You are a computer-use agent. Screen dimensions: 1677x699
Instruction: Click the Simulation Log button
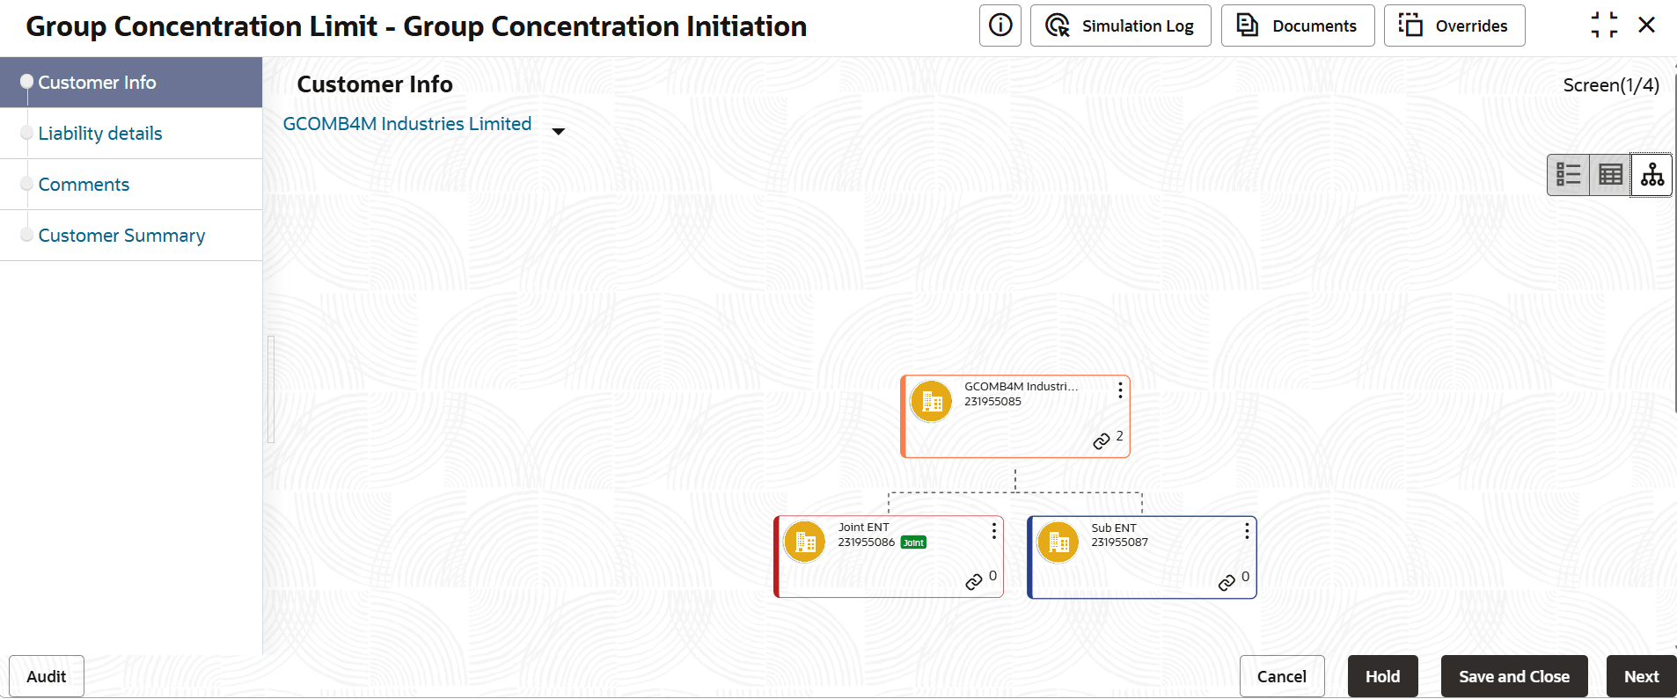pyautogui.click(x=1120, y=25)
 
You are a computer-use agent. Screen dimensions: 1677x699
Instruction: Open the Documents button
pyautogui.click(x=1298, y=25)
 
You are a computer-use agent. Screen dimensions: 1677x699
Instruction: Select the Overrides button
pyautogui.click(x=1454, y=25)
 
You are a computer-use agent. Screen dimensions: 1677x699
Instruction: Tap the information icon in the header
pyautogui.click(x=1000, y=25)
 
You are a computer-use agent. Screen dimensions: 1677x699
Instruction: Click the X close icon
pyautogui.click(x=1647, y=25)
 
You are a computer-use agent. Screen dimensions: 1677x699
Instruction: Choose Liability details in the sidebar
pyautogui.click(x=100, y=134)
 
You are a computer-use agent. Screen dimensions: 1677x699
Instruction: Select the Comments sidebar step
pyautogui.click(x=84, y=185)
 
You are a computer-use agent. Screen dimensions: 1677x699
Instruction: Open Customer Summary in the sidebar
pyautogui.click(x=121, y=236)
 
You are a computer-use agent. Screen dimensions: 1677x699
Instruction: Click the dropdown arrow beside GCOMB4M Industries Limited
pyautogui.click(x=558, y=132)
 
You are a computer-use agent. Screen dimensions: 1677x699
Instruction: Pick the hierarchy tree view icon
pyautogui.click(x=1652, y=174)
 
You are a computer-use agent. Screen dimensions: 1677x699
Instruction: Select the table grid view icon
pyautogui.click(x=1611, y=174)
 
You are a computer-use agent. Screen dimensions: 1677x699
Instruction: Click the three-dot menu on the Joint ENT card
pyautogui.click(x=994, y=531)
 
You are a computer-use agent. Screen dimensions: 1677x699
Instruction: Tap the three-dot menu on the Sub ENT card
pyautogui.click(x=1247, y=531)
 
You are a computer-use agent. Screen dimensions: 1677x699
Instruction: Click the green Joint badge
pyautogui.click(x=913, y=542)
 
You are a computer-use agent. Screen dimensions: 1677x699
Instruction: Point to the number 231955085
pyautogui.click(x=992, y=402)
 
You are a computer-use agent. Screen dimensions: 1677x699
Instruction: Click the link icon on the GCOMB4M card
pyautogui.click(x=1102, y=441)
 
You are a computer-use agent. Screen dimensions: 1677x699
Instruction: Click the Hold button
pyautogui.click(x=1383, y=676)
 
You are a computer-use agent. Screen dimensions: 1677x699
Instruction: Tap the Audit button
pyautogui.click(x=47, y=676)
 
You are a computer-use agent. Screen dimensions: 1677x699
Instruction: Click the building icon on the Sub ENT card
pyautogui.click(x=1058, y=542)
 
